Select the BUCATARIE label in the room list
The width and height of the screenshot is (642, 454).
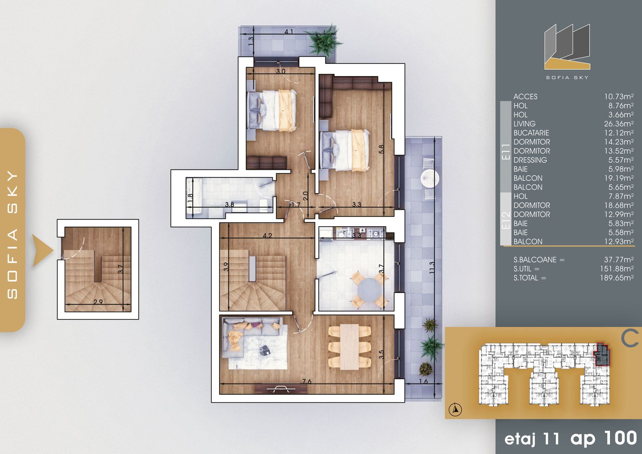(531, 133)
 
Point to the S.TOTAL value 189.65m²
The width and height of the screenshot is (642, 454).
(616, 278)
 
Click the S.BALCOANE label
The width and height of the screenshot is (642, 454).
(539, 260)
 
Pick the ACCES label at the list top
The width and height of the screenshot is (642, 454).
(525, 97)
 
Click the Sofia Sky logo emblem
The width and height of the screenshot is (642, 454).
(567, 47)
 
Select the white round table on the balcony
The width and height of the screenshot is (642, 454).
(430, 178)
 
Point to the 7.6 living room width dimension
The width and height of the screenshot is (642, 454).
(307, 382)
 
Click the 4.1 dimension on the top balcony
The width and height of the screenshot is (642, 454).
(289, 32)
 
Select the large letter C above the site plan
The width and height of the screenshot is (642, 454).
(630, 339)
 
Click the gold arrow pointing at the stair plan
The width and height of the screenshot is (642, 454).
(42, 251)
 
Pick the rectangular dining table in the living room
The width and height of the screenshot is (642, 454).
(349, 347)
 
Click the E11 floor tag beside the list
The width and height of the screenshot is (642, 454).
(506, 151)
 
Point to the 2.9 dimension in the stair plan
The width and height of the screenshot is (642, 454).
(98, 302)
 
